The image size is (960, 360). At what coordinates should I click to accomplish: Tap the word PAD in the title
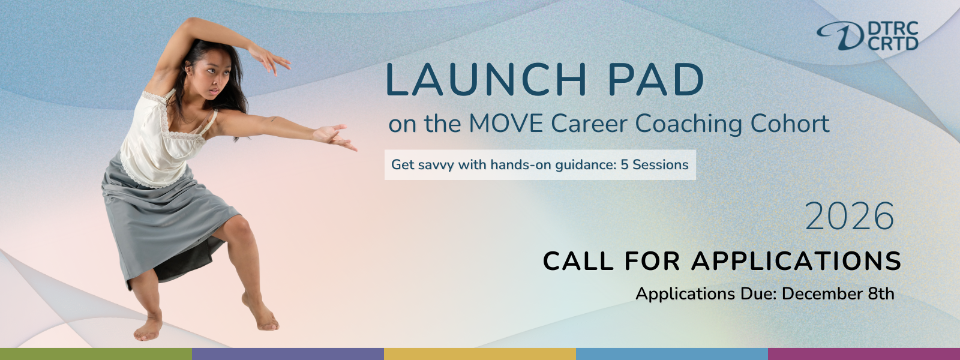click(x=656, y=80)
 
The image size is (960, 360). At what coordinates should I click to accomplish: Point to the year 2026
click(x=850, y=217)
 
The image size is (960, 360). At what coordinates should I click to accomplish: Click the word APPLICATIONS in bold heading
click(x=796, y=261)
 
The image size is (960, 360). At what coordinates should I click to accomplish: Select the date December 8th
click(x=838, y=293)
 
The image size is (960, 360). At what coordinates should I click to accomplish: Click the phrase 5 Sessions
click(x=655, y=164)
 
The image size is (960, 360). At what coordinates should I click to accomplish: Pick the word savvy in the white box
click(x=434, y=165)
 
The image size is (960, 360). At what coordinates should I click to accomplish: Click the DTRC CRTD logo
click(x=868, y=35)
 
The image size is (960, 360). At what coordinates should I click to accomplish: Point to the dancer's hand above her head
click(x=269, y=59)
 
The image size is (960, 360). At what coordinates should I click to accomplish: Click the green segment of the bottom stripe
click(x=96, y=354)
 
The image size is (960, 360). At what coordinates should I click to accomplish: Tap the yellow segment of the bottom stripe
click(x=480, y=354)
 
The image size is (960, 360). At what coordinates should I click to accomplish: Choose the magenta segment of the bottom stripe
click(x=864, y=354)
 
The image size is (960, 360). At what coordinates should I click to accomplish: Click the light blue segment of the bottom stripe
click(x=672, y=354)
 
